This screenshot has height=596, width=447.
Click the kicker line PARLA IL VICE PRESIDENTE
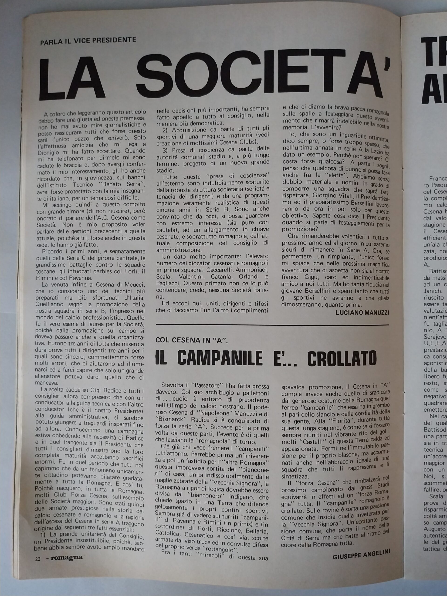tap(88, 41)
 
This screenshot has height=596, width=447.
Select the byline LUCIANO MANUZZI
tap(362, 312)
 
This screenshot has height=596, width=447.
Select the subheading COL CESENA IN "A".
tap(192, 340)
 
